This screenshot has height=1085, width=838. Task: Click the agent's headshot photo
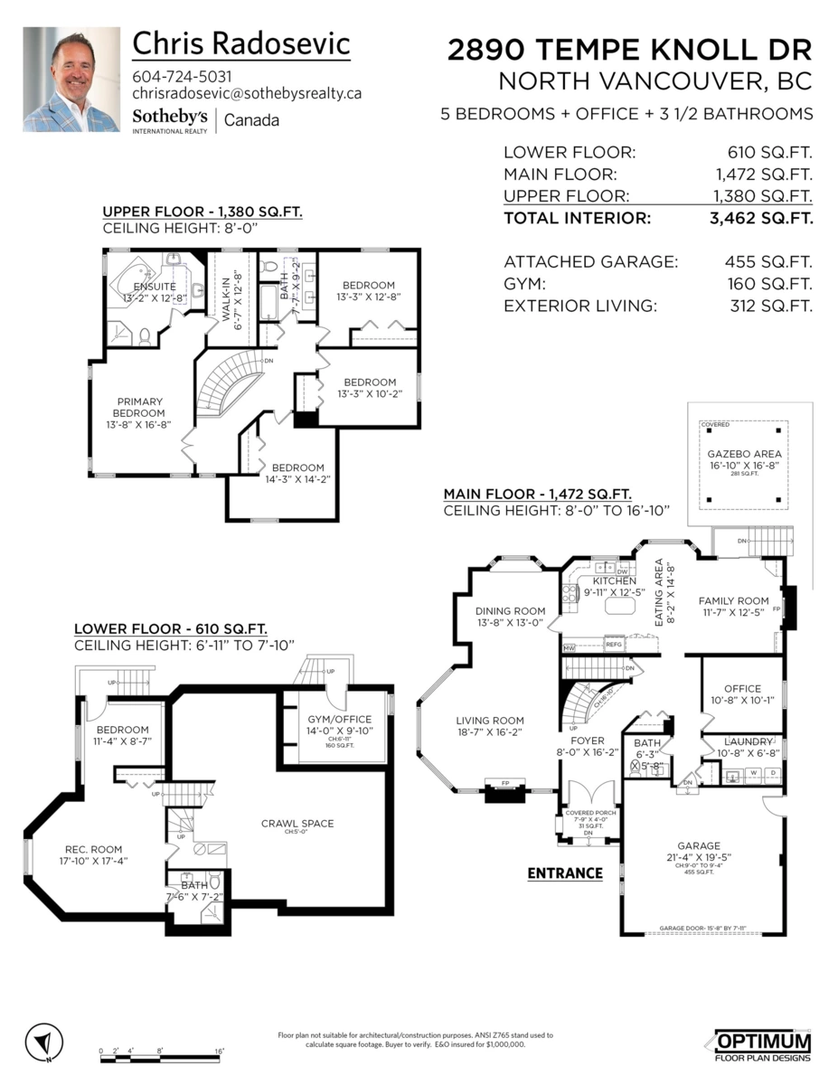point(71,80)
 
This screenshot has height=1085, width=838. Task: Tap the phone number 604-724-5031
point(182,76)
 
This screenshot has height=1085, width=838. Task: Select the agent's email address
point(247,93)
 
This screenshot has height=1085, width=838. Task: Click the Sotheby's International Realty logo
point(170,120)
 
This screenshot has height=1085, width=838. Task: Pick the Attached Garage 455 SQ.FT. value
point(769,262)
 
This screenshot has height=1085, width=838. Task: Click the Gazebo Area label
point(746,454)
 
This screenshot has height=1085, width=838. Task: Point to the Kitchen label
point(614,580)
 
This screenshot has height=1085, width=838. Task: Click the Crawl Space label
point(297,823)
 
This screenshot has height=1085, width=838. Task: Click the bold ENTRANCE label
point(565,873)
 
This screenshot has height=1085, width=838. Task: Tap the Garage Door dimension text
point(711,929)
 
